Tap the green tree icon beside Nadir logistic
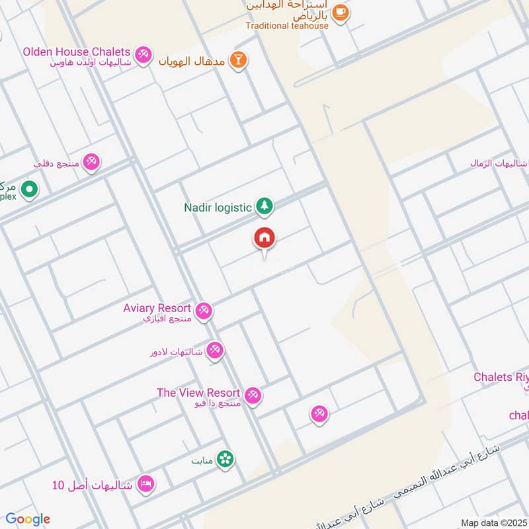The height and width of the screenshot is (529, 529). pos(264,207)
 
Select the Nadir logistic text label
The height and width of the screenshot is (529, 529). pos(218,208)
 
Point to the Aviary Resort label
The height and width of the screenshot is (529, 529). pos(157,308)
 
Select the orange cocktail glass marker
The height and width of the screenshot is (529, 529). pos(239,61)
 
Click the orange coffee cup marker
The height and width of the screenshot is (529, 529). pos(340,13)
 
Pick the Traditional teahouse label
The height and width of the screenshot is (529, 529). pos(287,26)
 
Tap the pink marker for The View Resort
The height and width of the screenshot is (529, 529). pos(252,395)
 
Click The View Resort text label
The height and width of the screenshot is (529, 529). pos(198,393)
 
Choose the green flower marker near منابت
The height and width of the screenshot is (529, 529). pos(225,459)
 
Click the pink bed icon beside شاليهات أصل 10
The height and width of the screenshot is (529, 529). pos(146,485)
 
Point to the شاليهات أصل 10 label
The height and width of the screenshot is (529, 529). pos(93,485)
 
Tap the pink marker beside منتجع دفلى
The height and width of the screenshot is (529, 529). pos(91,162)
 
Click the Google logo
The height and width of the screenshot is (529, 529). pos(28,519)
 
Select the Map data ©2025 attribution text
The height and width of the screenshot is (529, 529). pos(493,522)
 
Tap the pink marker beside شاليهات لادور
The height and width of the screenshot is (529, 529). pos(214,350)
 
